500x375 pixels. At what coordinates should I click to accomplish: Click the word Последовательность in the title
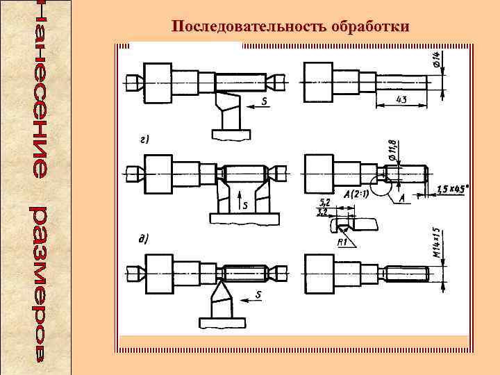click(x=241, y=26)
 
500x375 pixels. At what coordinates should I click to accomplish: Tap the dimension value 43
click(x=401, y=100)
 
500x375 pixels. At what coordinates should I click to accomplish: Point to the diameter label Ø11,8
click(x=393, y=152)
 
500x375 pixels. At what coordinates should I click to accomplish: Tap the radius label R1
click(x=342, y=242)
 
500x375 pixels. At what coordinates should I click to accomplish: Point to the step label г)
click(x=144, y=140)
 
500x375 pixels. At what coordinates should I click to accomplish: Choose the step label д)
click(x=144, y=238)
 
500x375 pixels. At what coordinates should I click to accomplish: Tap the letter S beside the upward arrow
click(x=244, y=206)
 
